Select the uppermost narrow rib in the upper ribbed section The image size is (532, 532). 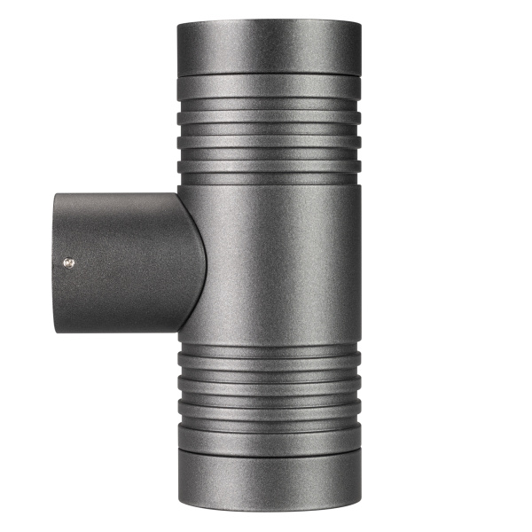pyautogui.click(x=269, y=117)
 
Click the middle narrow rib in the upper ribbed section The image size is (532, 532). pyautogui.click(x=269, y=139)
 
